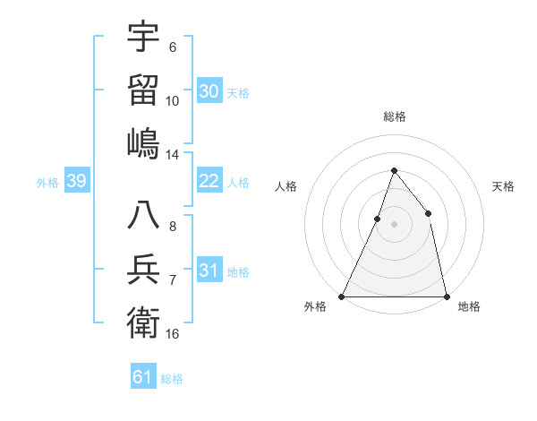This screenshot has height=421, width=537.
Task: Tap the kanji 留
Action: [x=143, y=90]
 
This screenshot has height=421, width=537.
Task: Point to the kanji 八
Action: [x=143, y=216]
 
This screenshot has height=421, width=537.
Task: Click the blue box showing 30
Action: [x=209, y=91]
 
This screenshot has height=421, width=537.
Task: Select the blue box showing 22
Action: [x=209, y=181]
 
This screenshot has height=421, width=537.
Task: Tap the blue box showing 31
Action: [x=209, y=271]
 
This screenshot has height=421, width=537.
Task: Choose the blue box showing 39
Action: [x=76, y=182]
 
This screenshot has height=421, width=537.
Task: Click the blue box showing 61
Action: [x=143, y=377]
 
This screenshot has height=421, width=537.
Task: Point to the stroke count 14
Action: [x=173, y=155]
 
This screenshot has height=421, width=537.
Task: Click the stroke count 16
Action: [x=173, y=334]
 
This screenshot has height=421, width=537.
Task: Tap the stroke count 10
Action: [x=173, y=101]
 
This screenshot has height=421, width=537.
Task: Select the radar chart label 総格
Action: [x=394, y=116]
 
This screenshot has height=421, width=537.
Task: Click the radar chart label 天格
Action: [x=503, y=186]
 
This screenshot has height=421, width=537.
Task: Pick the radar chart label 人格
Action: [x=286, y=186]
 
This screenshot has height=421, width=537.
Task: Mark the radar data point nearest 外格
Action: [x=342, y=296]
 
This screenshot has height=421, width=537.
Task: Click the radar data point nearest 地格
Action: [x=446, y=296]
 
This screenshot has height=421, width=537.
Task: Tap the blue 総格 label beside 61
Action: [x=172, y=378]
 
